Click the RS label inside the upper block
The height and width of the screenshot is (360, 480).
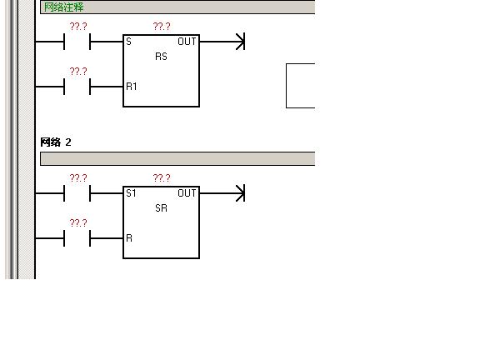[x=162, y=57]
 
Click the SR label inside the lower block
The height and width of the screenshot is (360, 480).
[x=162, y=208]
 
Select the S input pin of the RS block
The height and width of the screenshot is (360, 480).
[x=128, y=42]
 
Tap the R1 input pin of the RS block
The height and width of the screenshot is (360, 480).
[x=132, y=87]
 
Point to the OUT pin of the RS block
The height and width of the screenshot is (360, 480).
[x=187, y=42]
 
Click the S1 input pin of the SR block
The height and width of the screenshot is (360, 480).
[x=131, y=193]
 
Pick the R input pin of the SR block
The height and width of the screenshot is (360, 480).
[x=129, y=238]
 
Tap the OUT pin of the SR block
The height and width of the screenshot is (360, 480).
[x=187, y=193]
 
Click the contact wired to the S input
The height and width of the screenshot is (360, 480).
[x=77, y=42]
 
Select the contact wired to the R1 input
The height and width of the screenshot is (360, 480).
[x=77, y=87]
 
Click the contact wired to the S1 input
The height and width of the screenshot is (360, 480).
[x=77, y=193]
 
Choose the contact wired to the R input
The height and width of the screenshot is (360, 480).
[x=77, y=238]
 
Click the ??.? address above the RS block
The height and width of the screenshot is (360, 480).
[x=162, y=27]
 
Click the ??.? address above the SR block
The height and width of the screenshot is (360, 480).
[x=162, y=177]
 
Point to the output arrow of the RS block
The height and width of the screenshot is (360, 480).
[x=222, y=42]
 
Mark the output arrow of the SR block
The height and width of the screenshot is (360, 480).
[x=222, y=193]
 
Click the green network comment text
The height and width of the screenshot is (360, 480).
[x=63, y=7]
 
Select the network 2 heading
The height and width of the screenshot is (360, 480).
[x=56, y=142]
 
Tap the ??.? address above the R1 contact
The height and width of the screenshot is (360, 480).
[x=78, y=72]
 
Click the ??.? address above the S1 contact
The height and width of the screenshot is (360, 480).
[x=78, y=177]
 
